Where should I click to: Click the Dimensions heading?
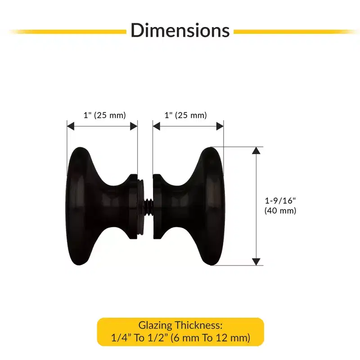[x=180, y=30]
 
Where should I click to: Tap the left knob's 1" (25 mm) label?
[x=105, y=115]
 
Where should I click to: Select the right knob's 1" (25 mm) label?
[x=186, y=115]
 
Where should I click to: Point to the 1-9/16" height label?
[x=280, y=201]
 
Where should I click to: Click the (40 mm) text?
[x=280, y=211]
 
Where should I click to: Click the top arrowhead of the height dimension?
[x=256, y=151]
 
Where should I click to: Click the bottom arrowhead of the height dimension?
[x=256, y=262]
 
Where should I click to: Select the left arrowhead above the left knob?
[x=71, y=126]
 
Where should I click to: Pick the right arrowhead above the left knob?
[x=134, y=126]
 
